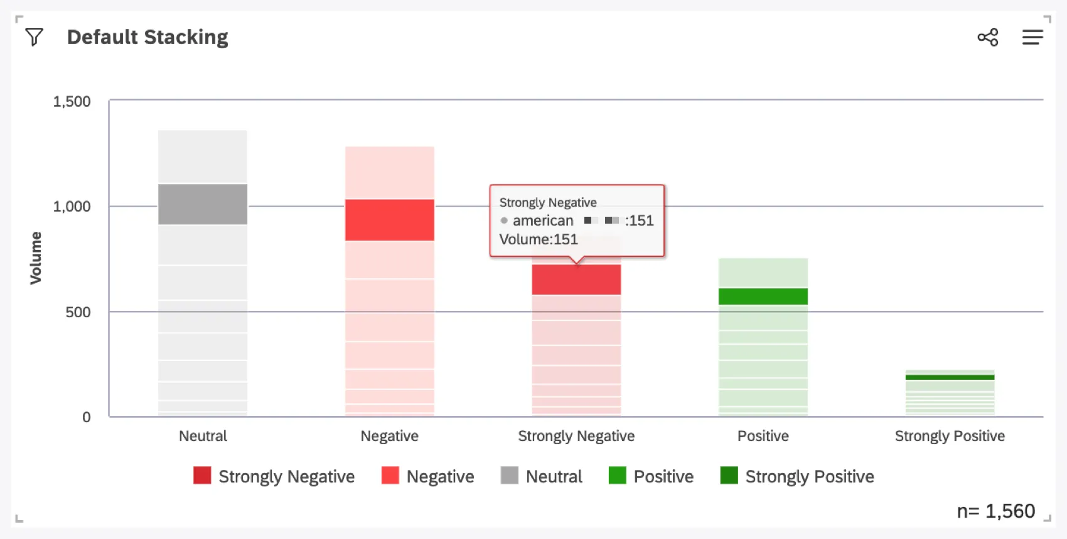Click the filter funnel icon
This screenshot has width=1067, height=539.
coord(35,37)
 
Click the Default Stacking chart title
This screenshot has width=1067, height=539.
coord(147,37)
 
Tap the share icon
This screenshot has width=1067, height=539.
coord(987,37)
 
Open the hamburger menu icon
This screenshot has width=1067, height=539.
coord(1032,37)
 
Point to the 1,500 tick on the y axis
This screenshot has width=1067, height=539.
coord(72,102)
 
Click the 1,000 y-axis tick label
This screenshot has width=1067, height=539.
coord(72,207)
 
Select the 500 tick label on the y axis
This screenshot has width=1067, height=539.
coord(78,312)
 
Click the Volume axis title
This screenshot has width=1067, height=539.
coord(36,258)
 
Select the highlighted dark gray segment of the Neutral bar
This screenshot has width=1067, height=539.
coord(203,204)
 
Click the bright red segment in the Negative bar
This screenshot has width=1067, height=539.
coord(390,220)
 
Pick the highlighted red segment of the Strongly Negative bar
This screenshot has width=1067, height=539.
coord(576,280)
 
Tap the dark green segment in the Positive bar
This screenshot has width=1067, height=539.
coord(763,297)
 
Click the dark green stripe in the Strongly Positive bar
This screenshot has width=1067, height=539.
coord(950,378)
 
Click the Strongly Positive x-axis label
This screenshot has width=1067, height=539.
coord(950,436)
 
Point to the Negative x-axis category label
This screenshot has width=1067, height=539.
coord(390,436)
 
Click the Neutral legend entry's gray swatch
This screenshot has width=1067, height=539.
coord(510,476)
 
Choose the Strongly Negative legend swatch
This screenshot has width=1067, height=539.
coord(202,476)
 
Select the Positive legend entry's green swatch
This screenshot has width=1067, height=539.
coord(618,476)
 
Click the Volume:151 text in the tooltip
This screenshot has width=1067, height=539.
coord(539,239)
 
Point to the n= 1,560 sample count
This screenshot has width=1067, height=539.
coord(995,511)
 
